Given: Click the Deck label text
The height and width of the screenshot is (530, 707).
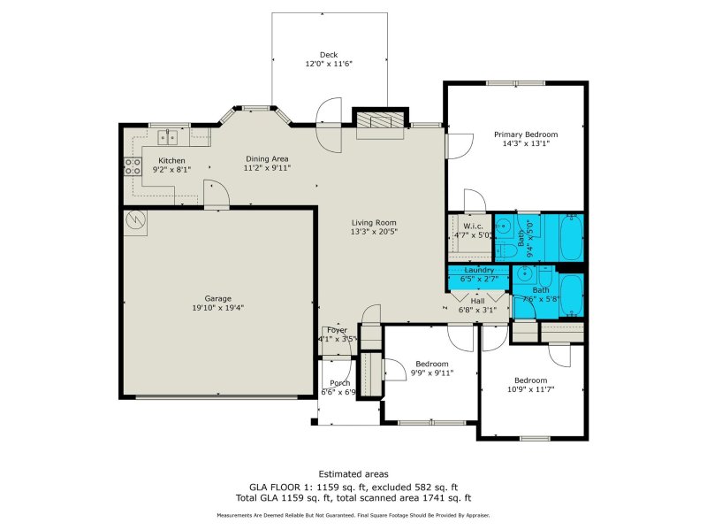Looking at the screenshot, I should [x=328, y=55].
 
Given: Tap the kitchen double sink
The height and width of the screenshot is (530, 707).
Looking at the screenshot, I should [x=168, y=137].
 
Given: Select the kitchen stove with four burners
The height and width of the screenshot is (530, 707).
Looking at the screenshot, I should [x=133, y=167].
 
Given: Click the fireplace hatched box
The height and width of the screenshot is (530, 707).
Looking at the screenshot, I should [x=380, y=121].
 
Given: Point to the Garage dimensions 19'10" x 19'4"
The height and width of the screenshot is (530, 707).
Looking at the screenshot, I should [x=217, y=308].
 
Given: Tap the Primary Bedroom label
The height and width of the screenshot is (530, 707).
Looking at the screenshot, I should [x=526, y=134].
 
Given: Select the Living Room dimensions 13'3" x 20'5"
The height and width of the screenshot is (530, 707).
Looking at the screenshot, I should [x=374, y=233].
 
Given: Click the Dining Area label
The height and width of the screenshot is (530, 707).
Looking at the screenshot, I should [x=267, y=158].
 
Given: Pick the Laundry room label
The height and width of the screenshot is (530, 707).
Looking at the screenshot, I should [x=479, y=269].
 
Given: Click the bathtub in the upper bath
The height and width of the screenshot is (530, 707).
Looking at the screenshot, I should [x=566, y=236].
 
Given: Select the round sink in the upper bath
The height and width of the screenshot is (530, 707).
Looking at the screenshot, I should [x=502, y=227].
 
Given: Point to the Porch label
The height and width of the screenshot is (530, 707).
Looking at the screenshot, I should [x=337, y=383].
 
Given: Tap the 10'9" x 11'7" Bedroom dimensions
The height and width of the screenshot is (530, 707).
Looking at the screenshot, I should [x=532, y=389].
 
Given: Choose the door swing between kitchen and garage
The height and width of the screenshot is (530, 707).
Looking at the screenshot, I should [x=213, y=194].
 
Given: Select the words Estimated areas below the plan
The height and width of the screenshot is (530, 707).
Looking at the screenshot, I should [x=353, y=474].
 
